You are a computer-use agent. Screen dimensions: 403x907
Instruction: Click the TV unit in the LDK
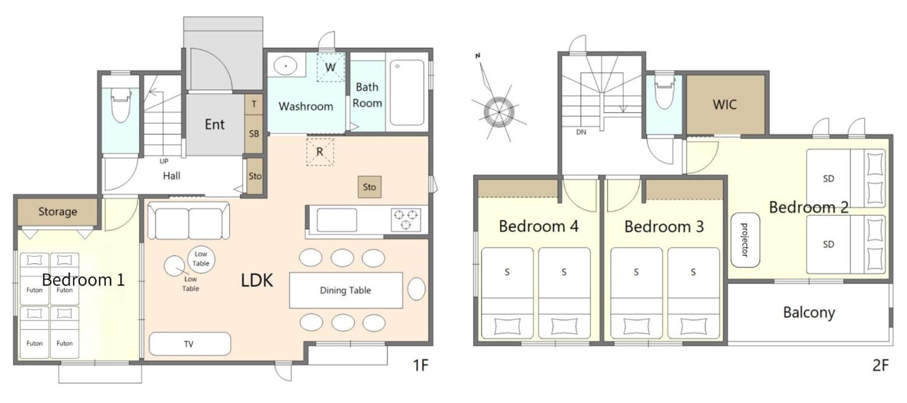[x=189, y=344]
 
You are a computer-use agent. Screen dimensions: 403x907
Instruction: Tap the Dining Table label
[x=345, y=290]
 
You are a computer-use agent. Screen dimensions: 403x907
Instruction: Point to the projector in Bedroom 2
[x=745, y=240]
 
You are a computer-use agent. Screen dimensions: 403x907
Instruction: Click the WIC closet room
[x=725, y=105]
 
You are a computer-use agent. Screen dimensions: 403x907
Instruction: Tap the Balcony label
[x=809, y=312]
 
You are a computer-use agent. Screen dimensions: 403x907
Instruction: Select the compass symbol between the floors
[x=498, y=112]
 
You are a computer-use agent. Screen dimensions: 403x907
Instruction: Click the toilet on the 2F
[x=664, y=93]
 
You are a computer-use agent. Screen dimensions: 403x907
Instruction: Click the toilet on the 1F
[x=120, y=105]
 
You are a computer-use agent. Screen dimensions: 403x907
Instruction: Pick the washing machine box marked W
[x=330, y=67]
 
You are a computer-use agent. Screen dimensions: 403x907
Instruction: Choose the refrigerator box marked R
[x=320, y=151]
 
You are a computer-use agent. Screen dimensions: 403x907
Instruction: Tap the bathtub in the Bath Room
[x=407, y=92]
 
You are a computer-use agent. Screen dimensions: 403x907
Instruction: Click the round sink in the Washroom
[x=286, y=66]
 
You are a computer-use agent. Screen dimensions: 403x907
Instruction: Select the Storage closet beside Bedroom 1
[x=57, y=212]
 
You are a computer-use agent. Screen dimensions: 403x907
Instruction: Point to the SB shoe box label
[x=254, y=134]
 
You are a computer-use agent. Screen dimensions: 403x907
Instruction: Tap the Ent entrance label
[x=214, y=125]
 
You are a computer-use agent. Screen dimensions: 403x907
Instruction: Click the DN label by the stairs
[x=581, y=132]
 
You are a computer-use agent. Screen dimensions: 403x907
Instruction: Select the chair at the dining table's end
[x=416, y=289]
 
